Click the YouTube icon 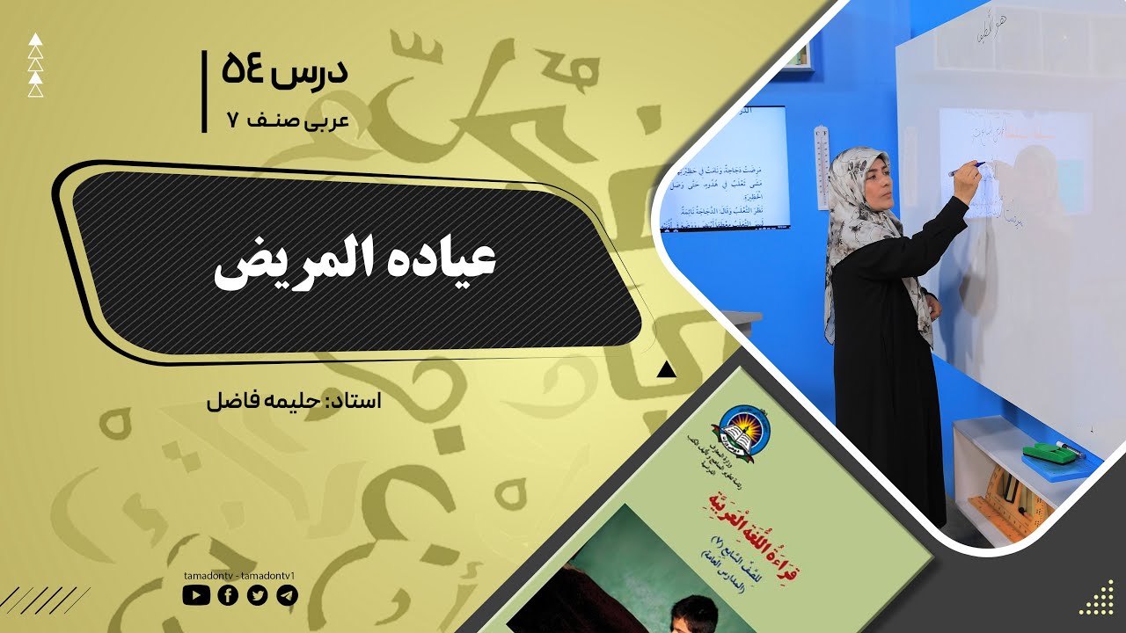click(196, 595)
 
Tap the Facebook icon click(227, 595)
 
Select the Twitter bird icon click(257, 595)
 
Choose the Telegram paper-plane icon click(287, 595)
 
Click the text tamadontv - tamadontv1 click(239, 575)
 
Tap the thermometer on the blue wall click(822, 167)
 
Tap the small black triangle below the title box click(666, 369)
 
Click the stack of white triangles click(35, 65)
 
